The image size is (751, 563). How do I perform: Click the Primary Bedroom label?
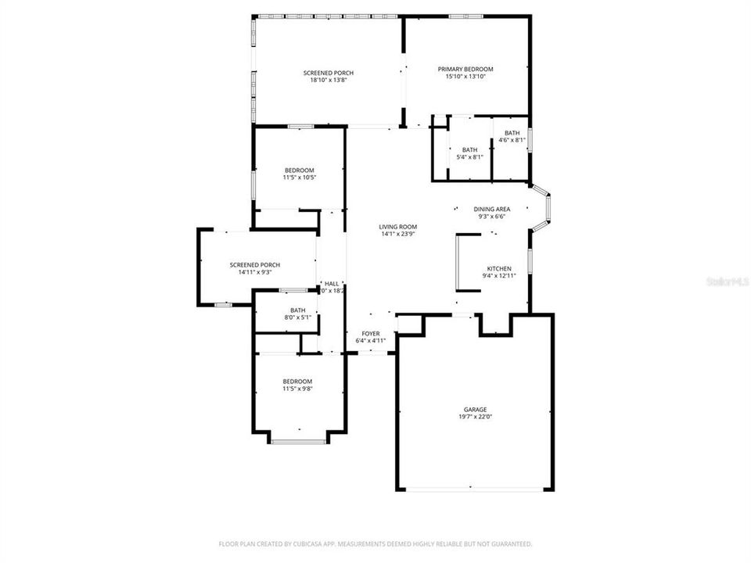click(465, 69)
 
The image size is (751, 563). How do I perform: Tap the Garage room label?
click(475, 409)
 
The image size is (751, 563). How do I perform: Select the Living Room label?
click(398, 226)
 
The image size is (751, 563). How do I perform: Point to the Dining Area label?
click(492, 209)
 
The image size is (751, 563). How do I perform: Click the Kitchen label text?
click(498, 268)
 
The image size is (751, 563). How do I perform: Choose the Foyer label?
click(370, 333)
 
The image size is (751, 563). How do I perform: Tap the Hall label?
click(332, 283)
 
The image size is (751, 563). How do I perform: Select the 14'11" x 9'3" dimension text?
click(254, 272)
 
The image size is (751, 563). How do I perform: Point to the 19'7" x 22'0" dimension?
click(475, 417)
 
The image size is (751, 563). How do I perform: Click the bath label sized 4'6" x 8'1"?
click(512, 133)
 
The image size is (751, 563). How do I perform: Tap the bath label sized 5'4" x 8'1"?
click(469, 150)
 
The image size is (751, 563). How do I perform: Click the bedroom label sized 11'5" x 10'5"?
click(299, 170)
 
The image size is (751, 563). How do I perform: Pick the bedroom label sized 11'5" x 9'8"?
click(297, 381)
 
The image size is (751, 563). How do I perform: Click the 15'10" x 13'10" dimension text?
click(465, 77)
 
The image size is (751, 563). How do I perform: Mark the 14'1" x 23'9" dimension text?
click(398, 234)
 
